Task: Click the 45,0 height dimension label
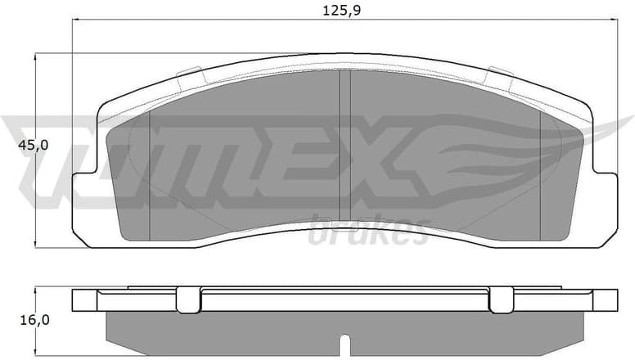pyautogui.click(x=34, y=145)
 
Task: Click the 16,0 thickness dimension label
pyautogui.click(x=34, y=320)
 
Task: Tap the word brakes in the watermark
pyautogui.click(x=369, y=232)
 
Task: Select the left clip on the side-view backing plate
pyautogui.click(x=188, y=299)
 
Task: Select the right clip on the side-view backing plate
pyautogui.click(x=501, y=299)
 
